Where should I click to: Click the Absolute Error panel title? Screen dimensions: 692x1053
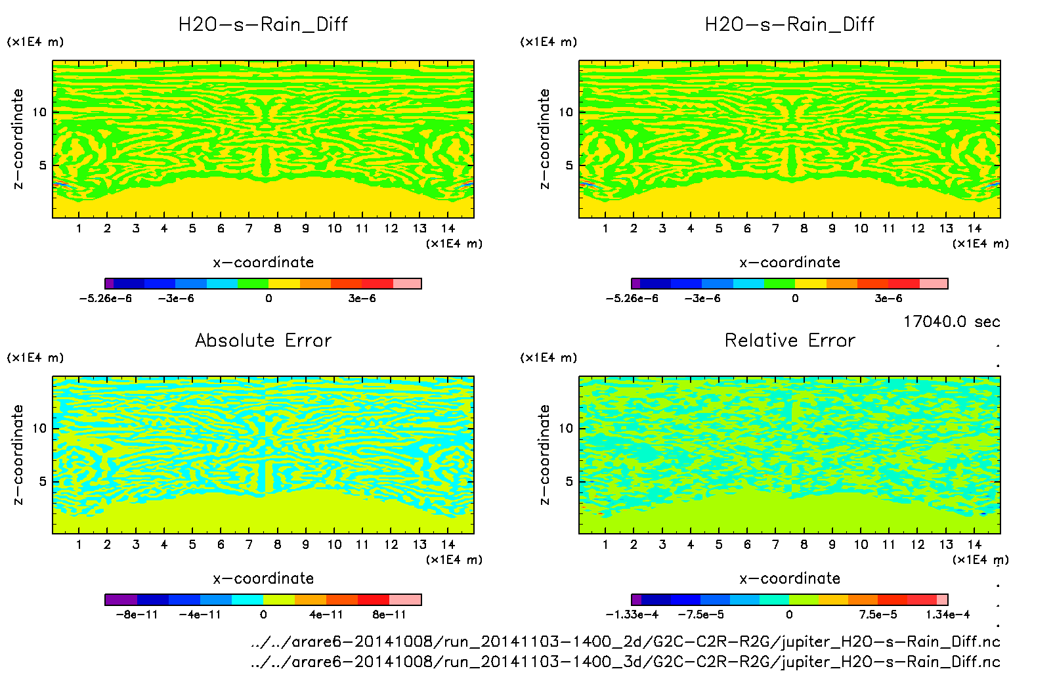tap(263, 340)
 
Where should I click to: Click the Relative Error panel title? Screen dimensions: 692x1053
tap(790, 340)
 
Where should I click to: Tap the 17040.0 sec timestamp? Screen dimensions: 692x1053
tap(951, 322)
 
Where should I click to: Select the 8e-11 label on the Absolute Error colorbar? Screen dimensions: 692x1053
tap(389, 615)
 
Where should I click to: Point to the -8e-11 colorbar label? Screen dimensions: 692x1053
tap(137, 615)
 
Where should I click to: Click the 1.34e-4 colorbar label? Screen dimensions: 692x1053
tap(947, 615)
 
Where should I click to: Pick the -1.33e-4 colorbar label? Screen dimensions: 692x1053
tap(632, 615)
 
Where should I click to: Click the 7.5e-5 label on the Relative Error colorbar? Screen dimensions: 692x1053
tap(878, 615)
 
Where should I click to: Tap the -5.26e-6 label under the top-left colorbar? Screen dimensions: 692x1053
tap(105, 298)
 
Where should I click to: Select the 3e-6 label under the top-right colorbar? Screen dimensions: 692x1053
tap(888, 298)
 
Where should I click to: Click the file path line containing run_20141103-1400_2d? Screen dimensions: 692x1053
tap(625, 641)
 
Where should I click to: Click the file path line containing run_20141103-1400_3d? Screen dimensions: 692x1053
tap(625, 662)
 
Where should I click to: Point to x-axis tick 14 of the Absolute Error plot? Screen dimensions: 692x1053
tap(448, 544)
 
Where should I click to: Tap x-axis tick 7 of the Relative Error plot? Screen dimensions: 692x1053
tap(775, 544)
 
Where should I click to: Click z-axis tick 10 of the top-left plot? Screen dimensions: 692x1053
tap(39, 112)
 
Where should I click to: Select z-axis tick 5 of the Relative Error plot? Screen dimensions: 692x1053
tap(569, 481)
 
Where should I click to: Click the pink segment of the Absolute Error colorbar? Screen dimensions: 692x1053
tap(405, 599)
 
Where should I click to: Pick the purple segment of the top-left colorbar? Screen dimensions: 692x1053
tap(110, 284)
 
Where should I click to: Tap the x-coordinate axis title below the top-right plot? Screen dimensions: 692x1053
tap(790, 263)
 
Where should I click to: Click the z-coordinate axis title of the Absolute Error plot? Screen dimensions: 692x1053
tap(18, 454)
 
